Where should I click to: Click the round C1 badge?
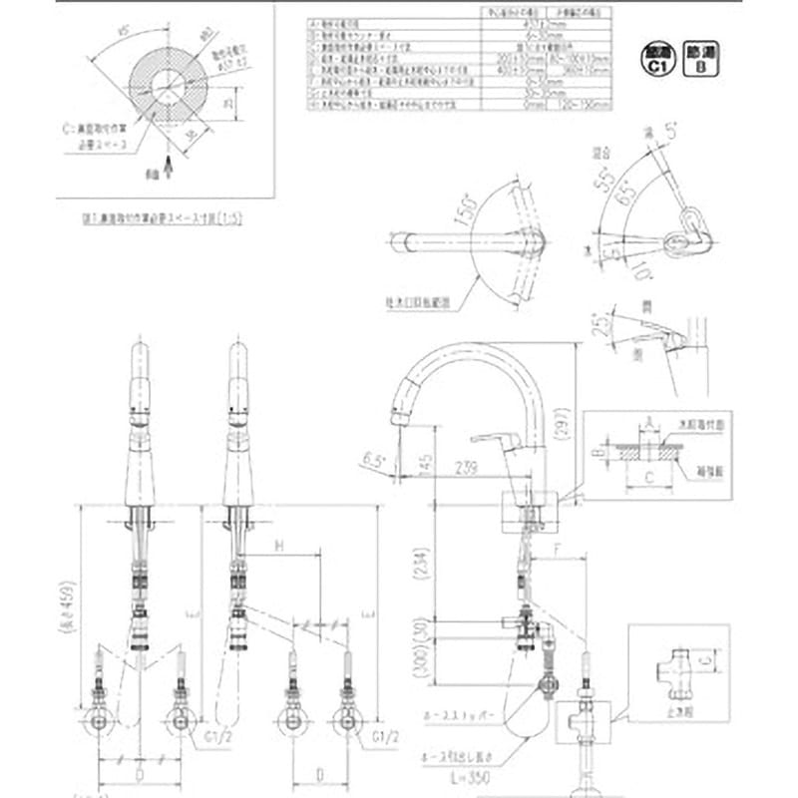coord(656,59)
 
